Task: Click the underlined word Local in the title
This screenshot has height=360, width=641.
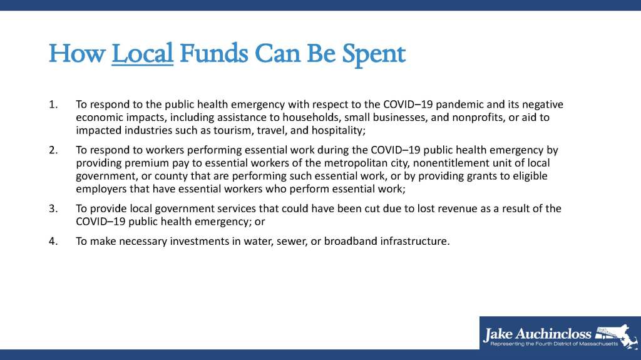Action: click(x=142, y=54)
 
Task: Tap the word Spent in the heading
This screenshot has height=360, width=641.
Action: click(x=374, y=55)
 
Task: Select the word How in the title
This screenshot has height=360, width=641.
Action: click(x=77, y=54)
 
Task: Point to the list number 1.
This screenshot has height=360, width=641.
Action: click(x=53, y=105)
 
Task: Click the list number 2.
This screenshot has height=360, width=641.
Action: click(x=53, y=150)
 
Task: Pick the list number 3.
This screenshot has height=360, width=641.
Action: click(x=53, y=208)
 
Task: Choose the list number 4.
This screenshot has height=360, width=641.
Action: click(x=53, y=242)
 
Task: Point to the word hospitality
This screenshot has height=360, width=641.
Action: click(x=339, y=131)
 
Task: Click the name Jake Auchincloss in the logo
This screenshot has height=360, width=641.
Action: click(x=537, y=334)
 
